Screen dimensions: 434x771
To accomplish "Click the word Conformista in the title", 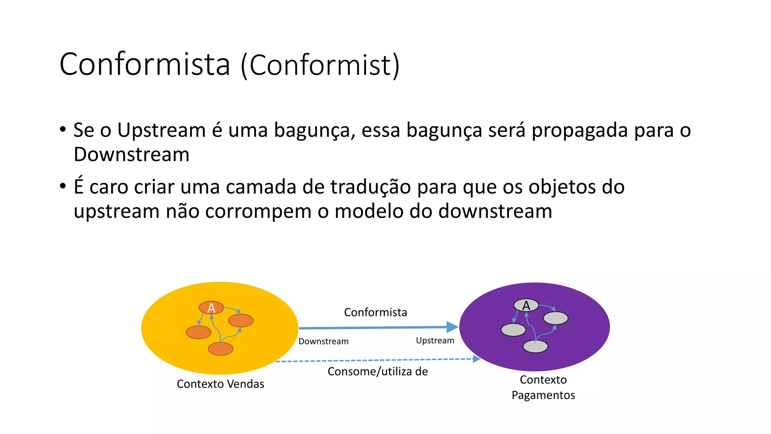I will point(145,64).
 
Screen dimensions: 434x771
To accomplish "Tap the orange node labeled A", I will point(211,308).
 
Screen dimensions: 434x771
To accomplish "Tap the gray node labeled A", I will point(526,305).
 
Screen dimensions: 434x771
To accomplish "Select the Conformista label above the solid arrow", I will point(375,312).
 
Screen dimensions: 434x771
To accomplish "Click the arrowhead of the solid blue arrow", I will point(452,327).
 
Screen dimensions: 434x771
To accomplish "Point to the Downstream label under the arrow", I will point(323,341).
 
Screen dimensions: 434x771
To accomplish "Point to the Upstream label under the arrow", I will point(435,341).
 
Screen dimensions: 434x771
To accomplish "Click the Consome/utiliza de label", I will point(378,371).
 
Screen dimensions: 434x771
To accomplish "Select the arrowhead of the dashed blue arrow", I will point(477,359).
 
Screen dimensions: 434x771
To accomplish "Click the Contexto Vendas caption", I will point(221,384).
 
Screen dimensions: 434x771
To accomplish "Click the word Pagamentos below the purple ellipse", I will point(543,395).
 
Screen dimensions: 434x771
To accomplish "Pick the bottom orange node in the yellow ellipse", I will point(221,349).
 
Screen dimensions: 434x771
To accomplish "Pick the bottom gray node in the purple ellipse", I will point(535,346).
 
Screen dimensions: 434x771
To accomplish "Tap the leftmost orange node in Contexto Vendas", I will point(198,332).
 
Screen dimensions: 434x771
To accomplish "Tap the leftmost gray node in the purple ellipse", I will point(513,330).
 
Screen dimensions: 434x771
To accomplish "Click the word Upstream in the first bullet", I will point(161,130).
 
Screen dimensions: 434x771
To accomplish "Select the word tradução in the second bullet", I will point(370,187).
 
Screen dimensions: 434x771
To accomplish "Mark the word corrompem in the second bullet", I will point(258,211).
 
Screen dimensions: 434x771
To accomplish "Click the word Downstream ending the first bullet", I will point(131,154).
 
